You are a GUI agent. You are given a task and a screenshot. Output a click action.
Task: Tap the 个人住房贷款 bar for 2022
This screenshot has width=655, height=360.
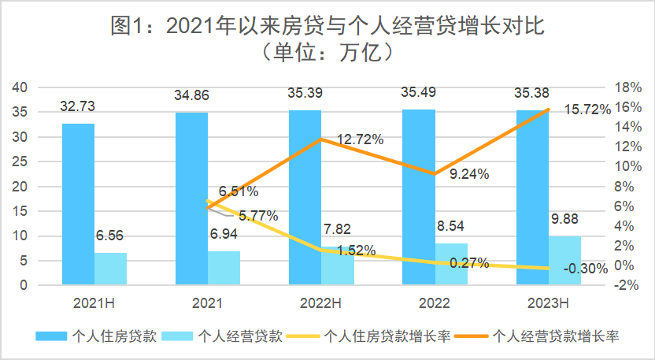(x=419, y=197)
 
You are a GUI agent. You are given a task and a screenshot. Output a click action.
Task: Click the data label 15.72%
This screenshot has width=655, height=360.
(x=587, y=110)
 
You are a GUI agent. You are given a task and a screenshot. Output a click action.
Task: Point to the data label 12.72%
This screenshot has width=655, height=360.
(x=360, y=139)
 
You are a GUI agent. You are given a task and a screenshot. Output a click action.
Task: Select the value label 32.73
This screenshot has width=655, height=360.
(x=79, y=106)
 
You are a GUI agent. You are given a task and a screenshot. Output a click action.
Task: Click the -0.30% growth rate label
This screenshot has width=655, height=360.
(x=585, y=268)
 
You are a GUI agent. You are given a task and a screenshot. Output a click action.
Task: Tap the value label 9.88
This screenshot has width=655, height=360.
(x=564, y=220)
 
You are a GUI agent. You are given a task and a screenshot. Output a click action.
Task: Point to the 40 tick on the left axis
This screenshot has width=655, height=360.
(x=20, y=87)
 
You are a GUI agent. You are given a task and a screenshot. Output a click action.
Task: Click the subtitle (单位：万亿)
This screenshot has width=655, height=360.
(x=327, y=54)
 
